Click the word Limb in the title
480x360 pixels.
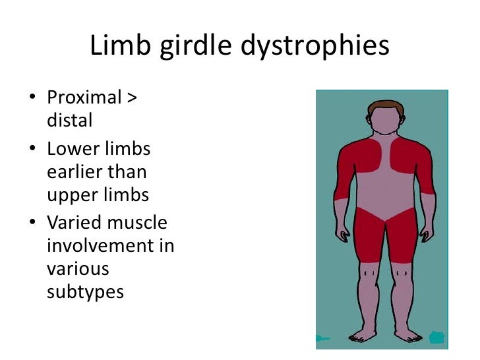115,46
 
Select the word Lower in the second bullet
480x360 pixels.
71,150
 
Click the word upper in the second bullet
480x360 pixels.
71,196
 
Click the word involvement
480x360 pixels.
110,247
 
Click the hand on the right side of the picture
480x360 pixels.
428,232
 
